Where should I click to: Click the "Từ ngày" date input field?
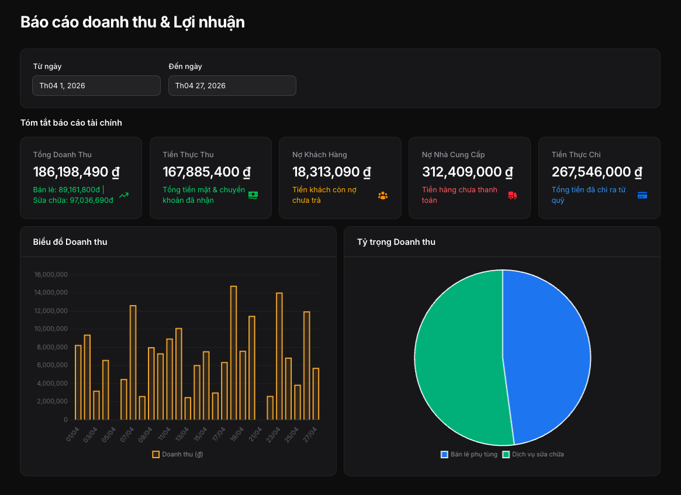tap(96, 85)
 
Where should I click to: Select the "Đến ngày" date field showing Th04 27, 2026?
tap(232, 85)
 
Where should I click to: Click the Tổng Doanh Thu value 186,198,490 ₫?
tap(77, 172)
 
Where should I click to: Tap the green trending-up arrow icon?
tap(124, 195)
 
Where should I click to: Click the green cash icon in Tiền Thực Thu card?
tap(253, 195)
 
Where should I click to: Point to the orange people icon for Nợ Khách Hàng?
tap(383, 195)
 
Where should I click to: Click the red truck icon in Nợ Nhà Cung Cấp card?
tap(513, 195)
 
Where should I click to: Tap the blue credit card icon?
tap(642, 195)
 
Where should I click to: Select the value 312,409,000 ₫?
tap(467, 172)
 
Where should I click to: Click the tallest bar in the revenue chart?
tap(234, 352)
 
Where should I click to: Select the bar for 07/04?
tap(133, 362)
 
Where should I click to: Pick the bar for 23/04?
tap(279, 356)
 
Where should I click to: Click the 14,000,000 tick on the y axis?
tap(51, 293)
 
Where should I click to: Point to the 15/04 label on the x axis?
tap(201, 434)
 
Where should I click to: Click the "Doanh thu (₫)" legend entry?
tap(178, 454)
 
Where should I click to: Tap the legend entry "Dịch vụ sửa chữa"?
tap(533, 454)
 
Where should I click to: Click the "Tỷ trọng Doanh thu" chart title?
tap(396, 242)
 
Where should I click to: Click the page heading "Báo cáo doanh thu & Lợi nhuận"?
tap(133, 22)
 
